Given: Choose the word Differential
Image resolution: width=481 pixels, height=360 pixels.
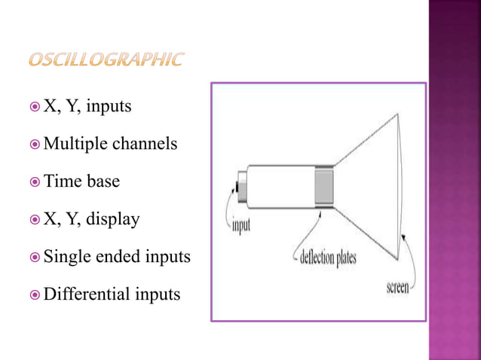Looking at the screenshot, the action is tap(85, 294).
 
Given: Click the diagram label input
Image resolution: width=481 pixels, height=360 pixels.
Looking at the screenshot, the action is tap(241, 225).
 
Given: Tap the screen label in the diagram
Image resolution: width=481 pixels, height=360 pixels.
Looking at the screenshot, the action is tap(397, 288).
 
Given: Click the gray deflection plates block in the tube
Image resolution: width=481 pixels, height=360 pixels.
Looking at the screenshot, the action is tap(323, 185).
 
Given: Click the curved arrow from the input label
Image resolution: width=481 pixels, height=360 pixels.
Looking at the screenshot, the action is tap(228, 205).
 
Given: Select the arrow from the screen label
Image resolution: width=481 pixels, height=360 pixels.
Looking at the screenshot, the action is tap(413, 260).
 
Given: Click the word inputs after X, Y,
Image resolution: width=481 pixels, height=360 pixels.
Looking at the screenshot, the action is tap(109, 106).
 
